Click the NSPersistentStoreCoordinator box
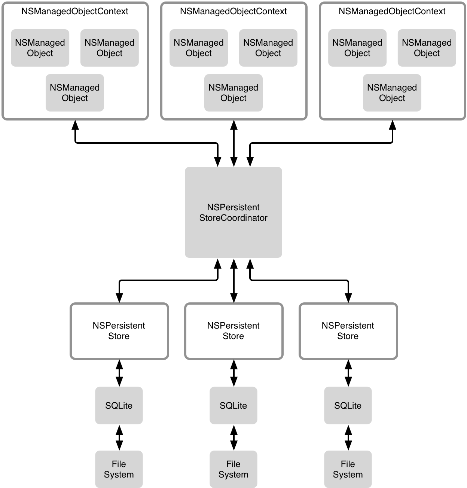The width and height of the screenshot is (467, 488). point(233,212)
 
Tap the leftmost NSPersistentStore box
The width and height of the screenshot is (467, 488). point(119,331)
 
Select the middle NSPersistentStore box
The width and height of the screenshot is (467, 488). point(233,331)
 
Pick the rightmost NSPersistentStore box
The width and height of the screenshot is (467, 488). point(348,331)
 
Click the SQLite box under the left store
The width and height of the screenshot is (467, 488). point(119,405)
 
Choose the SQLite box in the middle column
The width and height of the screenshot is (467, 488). point(233,405)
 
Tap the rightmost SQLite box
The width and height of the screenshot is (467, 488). point(348,405)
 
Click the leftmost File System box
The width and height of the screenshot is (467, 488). point(119,469)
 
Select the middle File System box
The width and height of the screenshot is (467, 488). point(233,469)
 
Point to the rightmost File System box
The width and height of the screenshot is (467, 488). point(348,469)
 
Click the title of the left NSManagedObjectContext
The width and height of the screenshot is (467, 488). point(75,12)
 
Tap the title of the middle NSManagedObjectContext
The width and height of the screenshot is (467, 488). point(233,12)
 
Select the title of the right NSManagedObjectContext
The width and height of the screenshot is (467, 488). point(392,12)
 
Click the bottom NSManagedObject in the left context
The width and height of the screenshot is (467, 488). point(75,93)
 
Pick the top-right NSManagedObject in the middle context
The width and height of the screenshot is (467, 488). point(268,48)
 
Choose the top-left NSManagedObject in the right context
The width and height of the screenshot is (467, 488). point(357,48)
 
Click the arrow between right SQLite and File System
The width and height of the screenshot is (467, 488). point(348,437)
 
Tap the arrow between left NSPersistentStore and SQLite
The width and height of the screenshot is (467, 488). point(119,373)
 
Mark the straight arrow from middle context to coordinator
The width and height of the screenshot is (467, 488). point(234,143)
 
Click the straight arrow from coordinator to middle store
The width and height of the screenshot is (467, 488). point(234,280)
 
